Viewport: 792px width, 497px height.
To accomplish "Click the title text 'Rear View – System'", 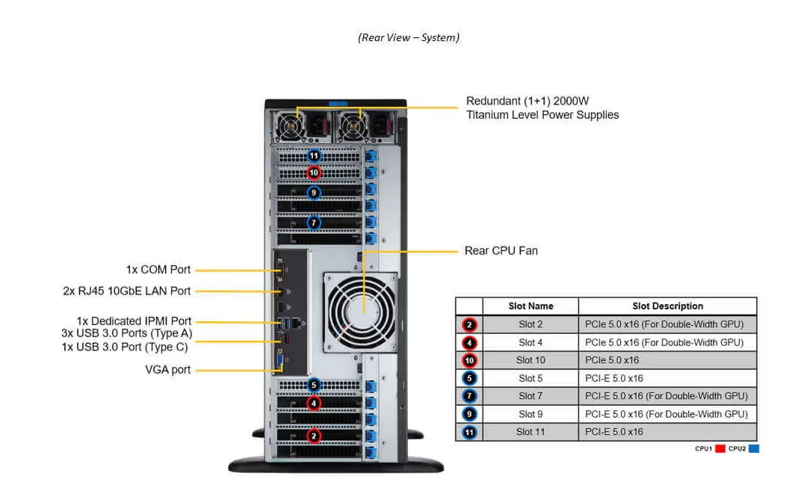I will [408, 37].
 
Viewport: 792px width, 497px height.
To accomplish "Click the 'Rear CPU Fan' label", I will [501, 250].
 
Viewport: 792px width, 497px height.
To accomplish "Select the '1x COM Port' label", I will [158, 270].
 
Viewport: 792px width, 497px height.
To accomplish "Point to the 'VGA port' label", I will [167, 369].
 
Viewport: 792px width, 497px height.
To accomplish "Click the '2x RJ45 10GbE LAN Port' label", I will [126, 291].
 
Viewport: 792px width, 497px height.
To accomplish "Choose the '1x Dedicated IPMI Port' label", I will [134, 321].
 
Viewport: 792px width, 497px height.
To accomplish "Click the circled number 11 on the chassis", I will [315, 156].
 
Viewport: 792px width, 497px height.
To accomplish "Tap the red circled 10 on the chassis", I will [315, 173].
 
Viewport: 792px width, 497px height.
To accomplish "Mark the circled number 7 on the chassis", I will [315, 222].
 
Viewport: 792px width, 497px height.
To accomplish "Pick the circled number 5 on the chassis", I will [315, 386].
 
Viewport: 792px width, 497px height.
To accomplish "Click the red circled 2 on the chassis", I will [315, 435].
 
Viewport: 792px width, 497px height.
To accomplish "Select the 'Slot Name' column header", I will [530, 306].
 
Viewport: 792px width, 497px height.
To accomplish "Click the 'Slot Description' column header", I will [667, 306].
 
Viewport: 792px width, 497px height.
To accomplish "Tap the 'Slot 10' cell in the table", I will [530, 360].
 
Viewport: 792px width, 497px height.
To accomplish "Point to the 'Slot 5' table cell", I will [530, 378].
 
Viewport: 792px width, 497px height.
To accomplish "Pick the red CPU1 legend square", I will [720, 448].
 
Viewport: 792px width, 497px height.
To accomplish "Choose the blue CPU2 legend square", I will [754, 448].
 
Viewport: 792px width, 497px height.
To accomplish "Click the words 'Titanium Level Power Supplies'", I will [542, 115].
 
